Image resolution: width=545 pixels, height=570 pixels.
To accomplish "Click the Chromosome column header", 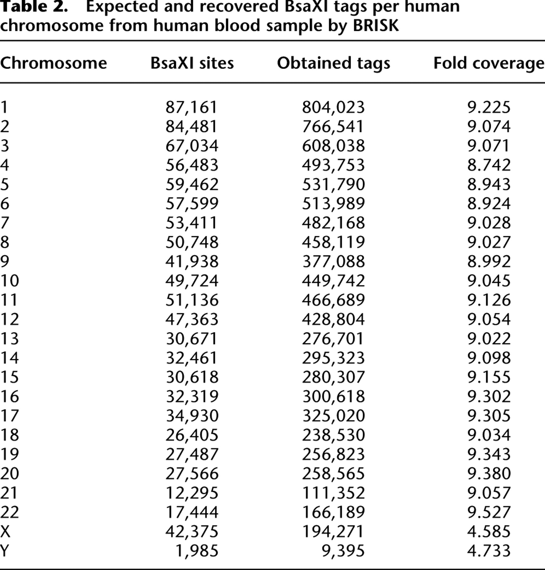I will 53,63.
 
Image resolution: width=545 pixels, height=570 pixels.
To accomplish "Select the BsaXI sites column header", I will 192,63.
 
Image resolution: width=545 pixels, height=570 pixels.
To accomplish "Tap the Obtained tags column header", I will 333,63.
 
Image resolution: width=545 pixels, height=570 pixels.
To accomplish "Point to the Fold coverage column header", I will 489,63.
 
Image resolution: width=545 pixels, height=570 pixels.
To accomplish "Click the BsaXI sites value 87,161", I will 191,107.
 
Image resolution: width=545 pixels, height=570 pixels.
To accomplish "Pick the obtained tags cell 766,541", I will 333,127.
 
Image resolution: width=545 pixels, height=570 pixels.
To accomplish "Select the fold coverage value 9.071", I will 488,146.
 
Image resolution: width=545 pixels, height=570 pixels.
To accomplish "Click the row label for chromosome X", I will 5,531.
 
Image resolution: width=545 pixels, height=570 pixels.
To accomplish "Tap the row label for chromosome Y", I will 4,551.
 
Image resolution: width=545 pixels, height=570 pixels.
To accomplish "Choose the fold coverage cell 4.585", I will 489,531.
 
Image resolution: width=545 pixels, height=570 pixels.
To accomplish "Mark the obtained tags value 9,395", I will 343,551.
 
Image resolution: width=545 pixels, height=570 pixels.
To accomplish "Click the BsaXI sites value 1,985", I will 197,551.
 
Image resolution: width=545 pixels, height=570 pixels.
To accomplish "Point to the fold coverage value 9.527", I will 489,512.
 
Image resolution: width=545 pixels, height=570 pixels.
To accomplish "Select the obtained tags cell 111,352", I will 333,493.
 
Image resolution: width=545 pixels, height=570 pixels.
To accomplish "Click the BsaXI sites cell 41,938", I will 192,262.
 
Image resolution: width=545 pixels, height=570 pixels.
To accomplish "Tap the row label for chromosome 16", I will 10,396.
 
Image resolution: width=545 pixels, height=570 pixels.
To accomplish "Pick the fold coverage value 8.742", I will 489,165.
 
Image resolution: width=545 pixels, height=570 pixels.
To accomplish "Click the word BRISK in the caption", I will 376,25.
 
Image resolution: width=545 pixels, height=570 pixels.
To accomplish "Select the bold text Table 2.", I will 34,6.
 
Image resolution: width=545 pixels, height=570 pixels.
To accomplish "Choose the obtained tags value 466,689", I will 333,300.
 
